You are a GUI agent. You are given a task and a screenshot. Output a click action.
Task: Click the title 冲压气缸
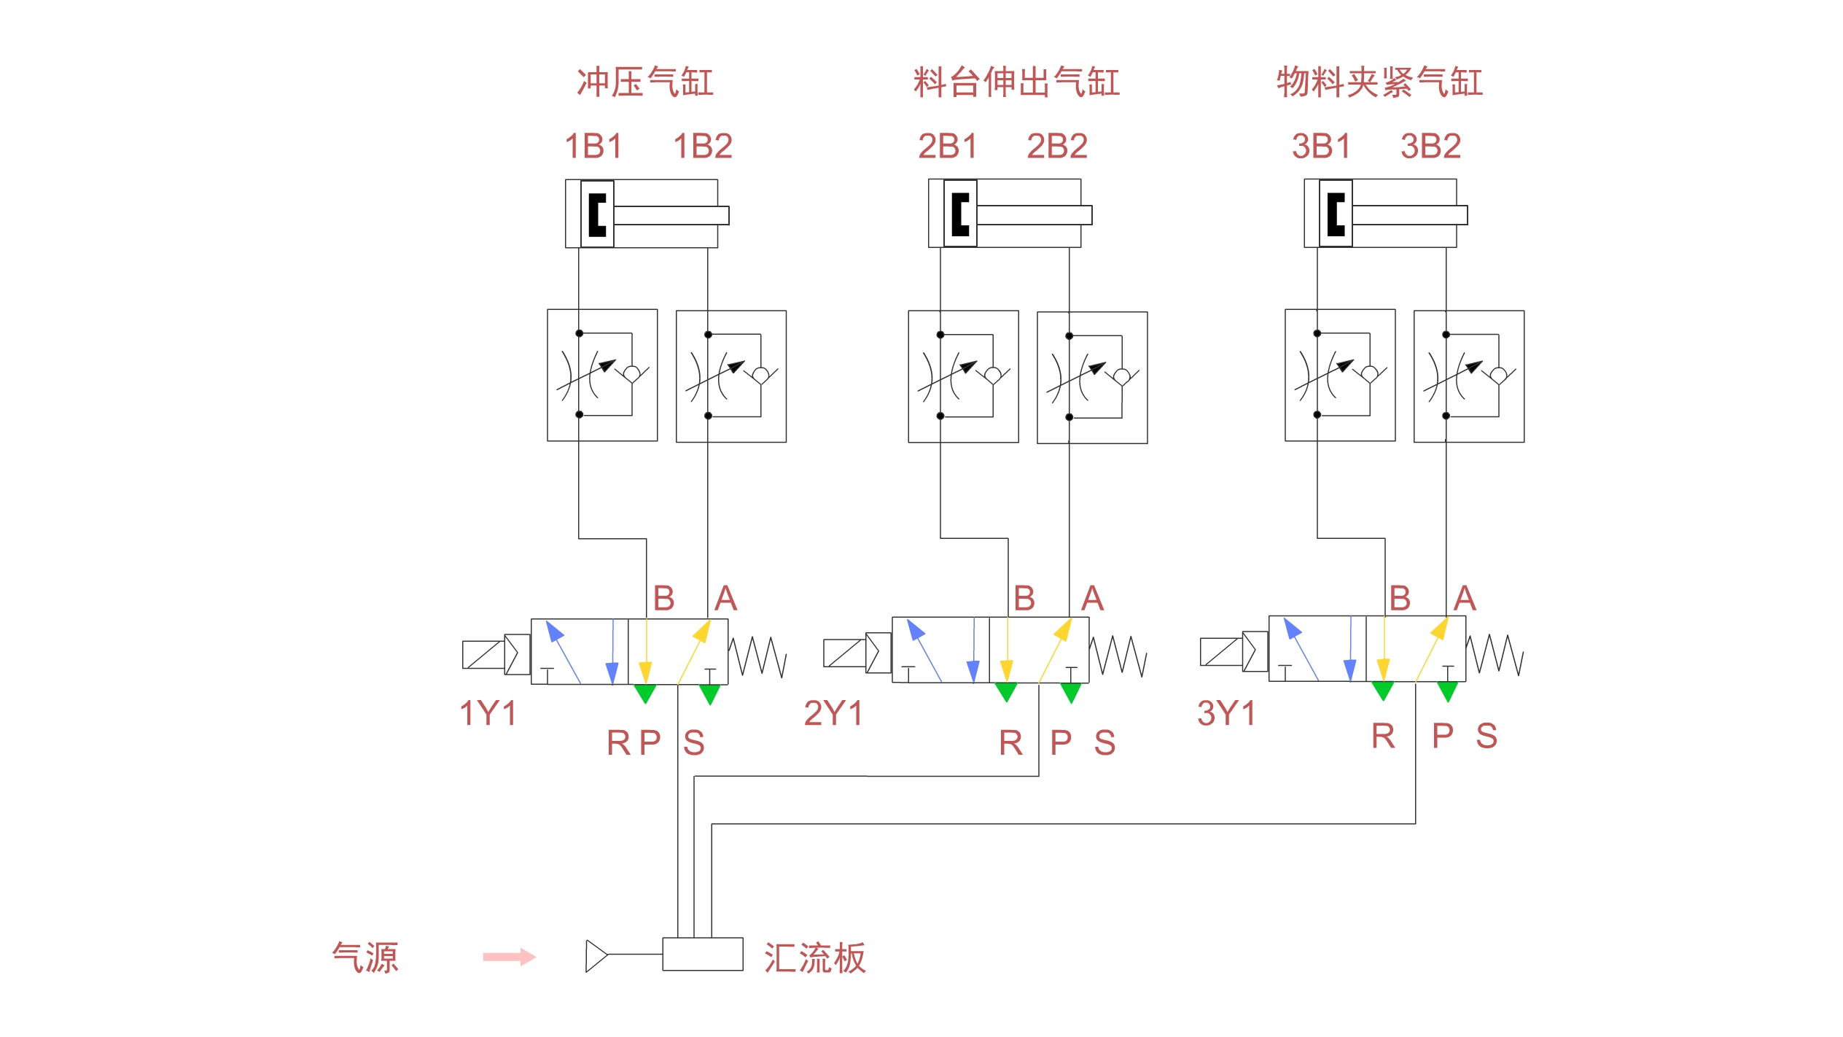pos(645,82)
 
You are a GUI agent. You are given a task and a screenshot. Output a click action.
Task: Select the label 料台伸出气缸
pos(1016,82)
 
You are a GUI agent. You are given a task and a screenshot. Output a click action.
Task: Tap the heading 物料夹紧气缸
pos(1379,82)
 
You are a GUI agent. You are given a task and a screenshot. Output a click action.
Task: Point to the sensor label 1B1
pos(593,146)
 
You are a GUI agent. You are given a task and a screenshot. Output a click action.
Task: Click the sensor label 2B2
pos(1057,146)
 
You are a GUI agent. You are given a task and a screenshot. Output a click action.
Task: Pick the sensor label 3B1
pos(1321,146)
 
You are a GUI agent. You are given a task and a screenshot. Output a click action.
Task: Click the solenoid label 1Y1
pos(488,713)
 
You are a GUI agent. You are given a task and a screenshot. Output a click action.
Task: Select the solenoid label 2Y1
pos(833,713)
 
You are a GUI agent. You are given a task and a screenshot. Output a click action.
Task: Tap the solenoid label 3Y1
pos(1226,713)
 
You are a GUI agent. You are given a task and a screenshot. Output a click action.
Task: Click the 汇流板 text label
pos(815,958)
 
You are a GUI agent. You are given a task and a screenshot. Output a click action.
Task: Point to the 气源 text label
pos(365,958)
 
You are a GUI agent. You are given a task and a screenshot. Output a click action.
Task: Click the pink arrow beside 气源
pos(510,957)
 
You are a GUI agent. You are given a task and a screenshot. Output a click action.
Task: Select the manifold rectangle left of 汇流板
pos(703,954)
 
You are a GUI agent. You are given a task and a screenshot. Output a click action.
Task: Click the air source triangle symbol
pos(596,956)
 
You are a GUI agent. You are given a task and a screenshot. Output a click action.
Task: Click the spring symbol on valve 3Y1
pos(1495,654)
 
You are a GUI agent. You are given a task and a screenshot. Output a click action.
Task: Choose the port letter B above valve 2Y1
pos(1024,599)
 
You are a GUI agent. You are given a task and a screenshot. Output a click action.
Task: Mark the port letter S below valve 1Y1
pos(694,743)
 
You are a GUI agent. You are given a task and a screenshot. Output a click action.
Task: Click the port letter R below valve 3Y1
pos(1383,736)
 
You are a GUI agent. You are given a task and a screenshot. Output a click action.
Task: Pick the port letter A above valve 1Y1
pos(725,599)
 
